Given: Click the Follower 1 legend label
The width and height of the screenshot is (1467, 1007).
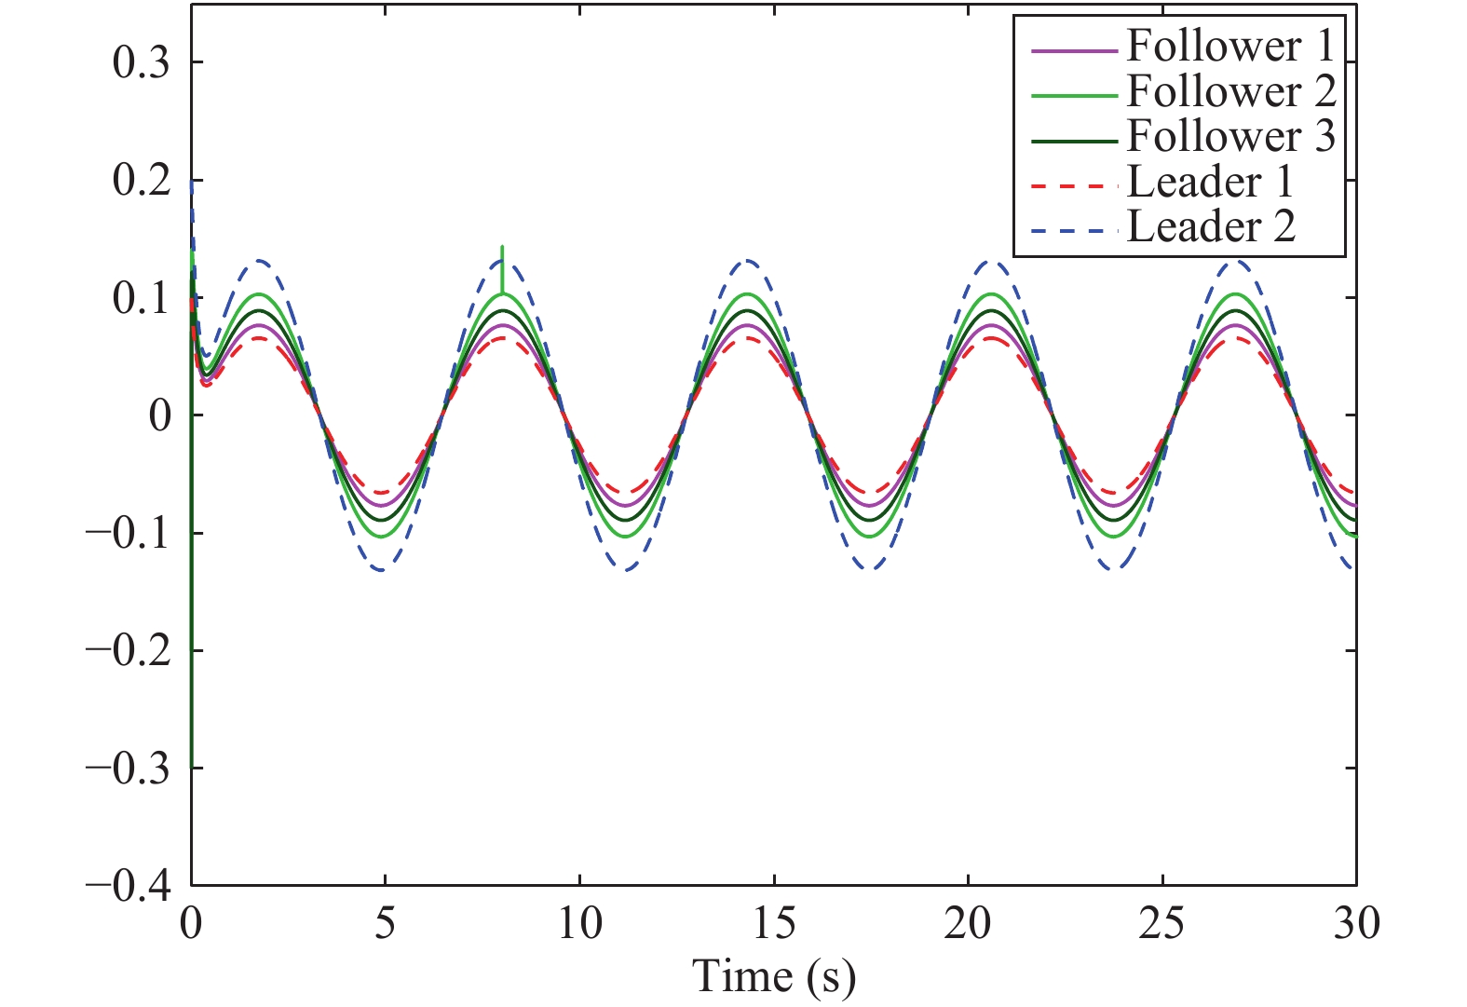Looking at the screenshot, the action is point(1230,47).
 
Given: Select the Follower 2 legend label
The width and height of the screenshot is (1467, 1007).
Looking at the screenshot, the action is point(1231,91).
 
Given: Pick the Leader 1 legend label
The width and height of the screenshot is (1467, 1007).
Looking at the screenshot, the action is point(1210,182).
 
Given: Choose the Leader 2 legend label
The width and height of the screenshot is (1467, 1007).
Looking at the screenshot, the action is point(1211,226).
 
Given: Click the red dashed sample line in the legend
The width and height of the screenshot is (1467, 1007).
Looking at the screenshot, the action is point(1074,186).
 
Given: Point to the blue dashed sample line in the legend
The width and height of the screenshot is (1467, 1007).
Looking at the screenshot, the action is point(1074,231).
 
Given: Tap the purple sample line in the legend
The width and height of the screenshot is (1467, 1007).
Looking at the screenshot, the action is point(1074,51).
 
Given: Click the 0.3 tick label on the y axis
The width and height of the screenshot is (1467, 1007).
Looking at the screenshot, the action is point(141,63).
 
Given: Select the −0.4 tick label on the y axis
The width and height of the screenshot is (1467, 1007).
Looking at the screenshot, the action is point(128,887).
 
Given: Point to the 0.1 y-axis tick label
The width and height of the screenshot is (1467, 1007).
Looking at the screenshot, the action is point(141,299).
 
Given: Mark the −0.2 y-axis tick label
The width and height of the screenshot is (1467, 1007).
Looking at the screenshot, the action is point(128,651).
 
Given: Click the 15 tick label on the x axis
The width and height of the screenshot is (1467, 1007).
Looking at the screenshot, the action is point(774,924).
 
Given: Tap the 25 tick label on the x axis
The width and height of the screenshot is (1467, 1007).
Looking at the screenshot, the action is point(1161,924).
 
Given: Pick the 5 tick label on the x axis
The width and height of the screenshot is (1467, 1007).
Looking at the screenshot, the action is point(385,924).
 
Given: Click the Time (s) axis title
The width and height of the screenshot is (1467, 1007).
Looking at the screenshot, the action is point(774,977).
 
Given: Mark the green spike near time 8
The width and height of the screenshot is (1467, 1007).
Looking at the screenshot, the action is point(502,269).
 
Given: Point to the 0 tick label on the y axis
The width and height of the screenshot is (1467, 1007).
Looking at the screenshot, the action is point(160,416).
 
